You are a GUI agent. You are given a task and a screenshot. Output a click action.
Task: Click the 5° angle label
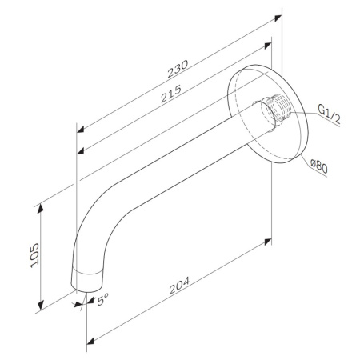[x=102, y=302]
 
